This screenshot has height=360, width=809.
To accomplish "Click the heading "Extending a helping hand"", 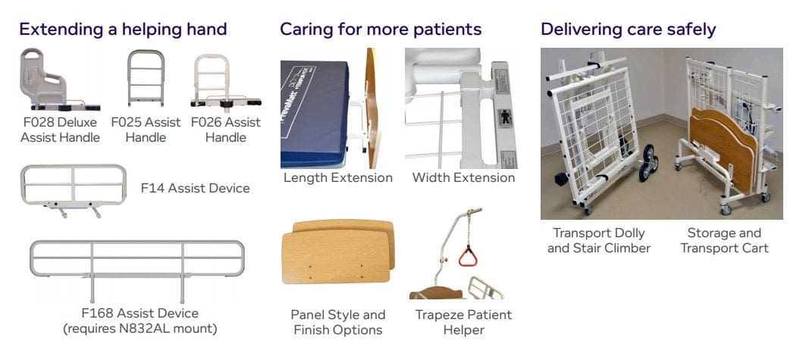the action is coord(123,29).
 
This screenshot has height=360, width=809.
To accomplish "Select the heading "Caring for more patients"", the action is coord(381,29).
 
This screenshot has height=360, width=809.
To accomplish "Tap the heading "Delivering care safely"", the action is coord(629,30).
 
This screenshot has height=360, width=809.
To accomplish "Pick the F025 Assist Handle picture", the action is coord(146,78).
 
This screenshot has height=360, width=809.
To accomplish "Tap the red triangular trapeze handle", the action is coord(468,257).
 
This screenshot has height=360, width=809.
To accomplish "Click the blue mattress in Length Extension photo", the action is coord(314,114).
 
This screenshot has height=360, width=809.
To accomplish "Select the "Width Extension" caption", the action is coord(463,178).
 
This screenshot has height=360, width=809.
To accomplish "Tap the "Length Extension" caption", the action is coord(338,178).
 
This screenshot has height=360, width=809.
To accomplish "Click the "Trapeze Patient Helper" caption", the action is coord(463,322).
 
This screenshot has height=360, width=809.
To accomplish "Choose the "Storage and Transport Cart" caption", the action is coord(724,240).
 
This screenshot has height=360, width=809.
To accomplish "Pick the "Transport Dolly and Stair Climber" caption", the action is coord(598,240).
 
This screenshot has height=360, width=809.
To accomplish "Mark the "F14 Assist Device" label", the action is coord(195,188).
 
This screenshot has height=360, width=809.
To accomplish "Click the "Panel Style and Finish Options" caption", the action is coord(338,322).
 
